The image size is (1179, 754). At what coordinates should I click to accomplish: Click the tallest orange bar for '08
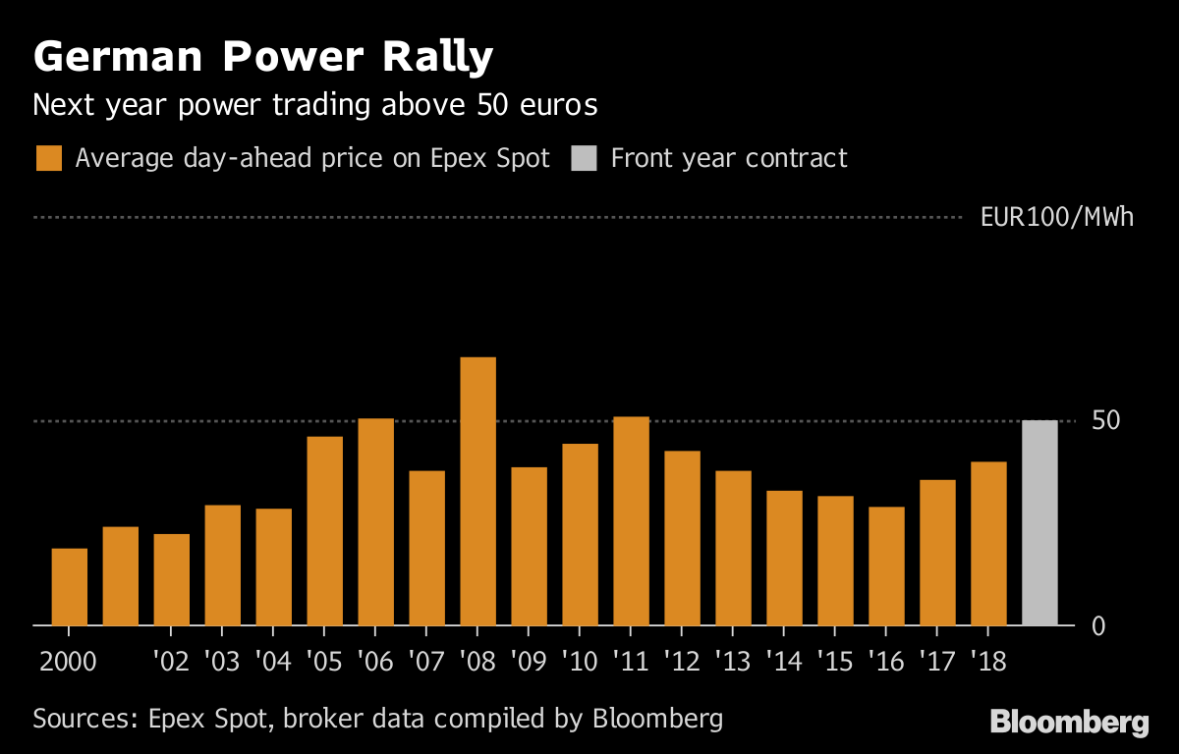[x=477, y=491]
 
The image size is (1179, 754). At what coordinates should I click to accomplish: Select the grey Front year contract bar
[x=1039, y=522]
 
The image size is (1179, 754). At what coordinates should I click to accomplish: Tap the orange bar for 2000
[x=69, y=586]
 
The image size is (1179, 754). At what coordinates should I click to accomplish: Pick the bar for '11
[x=631, y=520]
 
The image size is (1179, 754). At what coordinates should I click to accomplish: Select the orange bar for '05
[x=324, y=530]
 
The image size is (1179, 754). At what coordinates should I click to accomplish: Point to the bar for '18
[x=988, y=543]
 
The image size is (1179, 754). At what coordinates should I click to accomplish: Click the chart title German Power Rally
[x=262, y=59]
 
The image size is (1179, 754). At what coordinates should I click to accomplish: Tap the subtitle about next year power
[x=314, y=104]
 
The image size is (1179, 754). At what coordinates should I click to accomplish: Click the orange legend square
[x=48, y=158]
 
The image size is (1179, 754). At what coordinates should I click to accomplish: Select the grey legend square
[x=584, y=158]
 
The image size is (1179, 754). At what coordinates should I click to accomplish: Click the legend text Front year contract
[x=728, y=158]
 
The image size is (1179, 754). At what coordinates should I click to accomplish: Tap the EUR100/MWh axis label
[x=1056, y=217]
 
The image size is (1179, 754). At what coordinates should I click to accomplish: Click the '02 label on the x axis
[x=171, y=660]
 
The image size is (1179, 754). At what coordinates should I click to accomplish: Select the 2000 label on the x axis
[x=69, y=660]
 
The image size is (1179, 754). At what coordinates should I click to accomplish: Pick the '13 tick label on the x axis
[x=733, y=660]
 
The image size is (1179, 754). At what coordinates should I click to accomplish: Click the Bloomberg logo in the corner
[x=1069, y=724]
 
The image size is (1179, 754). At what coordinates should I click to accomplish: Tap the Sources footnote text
[x=377, y=718]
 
